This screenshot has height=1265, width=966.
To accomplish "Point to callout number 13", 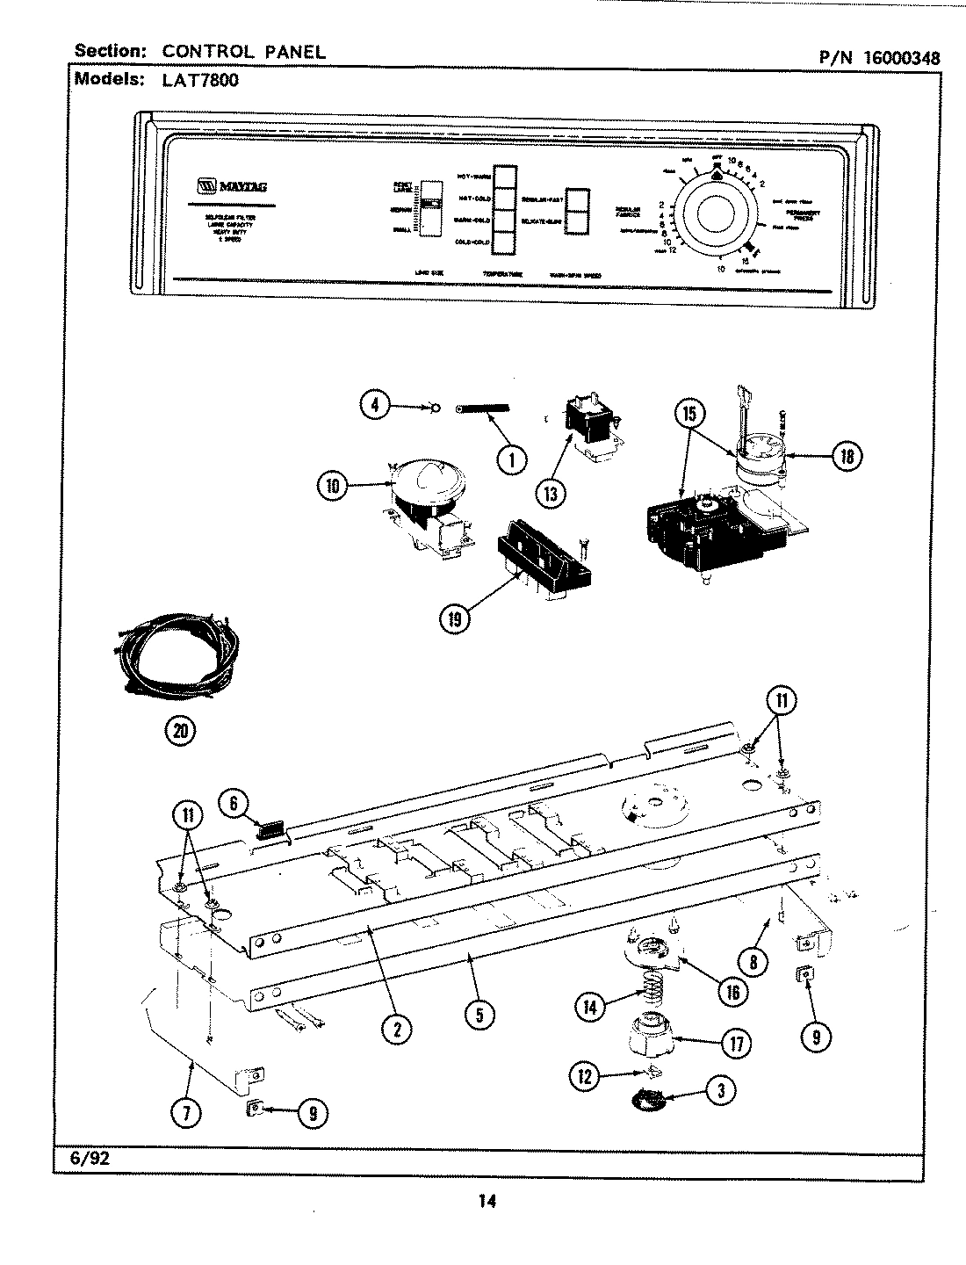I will [x=551, y=493].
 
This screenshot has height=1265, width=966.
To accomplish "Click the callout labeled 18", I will [x=847, y=455].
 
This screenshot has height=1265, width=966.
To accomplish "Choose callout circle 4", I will [x=375, y=406].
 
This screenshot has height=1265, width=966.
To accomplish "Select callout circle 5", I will [x=479, y=1016].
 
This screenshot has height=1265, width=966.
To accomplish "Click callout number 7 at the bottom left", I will [x=188, y=1113].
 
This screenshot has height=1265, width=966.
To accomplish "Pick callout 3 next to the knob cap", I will [x=720, y=1091].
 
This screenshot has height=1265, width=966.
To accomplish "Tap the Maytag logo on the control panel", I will [x=233, y=186].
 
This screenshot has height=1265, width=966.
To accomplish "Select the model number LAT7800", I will [x=200, y=80].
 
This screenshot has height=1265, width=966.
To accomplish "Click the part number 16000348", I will [x=902, y=58].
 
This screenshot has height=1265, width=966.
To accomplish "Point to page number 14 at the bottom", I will [x=487, y=1202].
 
